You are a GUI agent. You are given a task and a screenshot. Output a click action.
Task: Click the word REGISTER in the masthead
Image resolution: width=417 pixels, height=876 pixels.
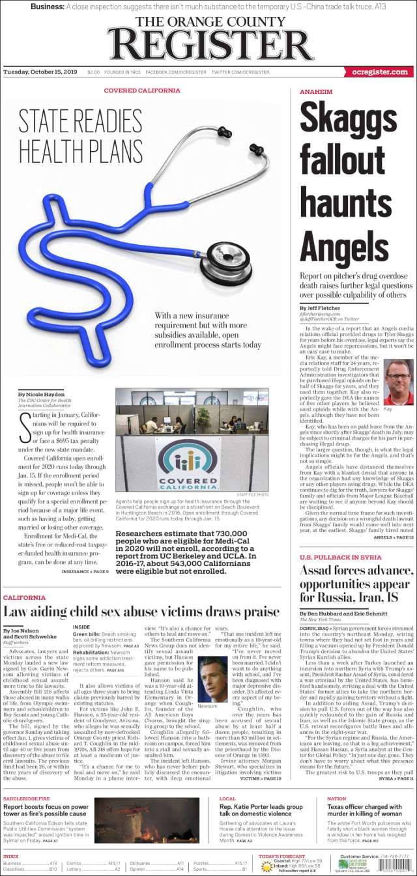(210, 44)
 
